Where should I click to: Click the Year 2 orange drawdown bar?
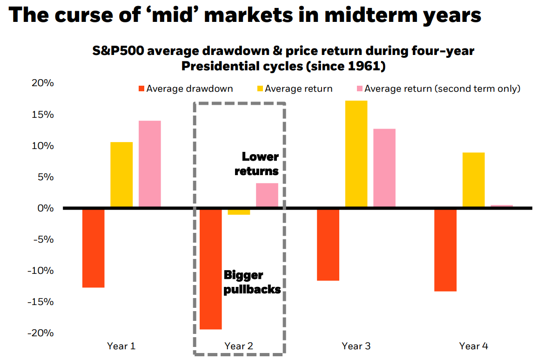point(210,269)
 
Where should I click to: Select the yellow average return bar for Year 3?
point(356,154)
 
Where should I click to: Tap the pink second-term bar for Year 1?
point(150,164)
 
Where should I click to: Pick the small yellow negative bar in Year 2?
point(239,212)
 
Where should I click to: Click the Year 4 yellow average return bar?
point(473,180)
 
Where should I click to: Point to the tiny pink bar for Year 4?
point(502,206)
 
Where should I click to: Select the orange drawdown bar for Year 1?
point(93,248)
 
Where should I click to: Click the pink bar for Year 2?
point(267,195)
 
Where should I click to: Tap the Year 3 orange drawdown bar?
point(328,245)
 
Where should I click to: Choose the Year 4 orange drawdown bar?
point(445,250)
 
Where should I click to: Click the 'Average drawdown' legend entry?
point(186,88)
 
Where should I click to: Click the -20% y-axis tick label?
point(41,333)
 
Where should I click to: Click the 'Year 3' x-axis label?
point(356,346)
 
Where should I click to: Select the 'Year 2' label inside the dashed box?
point(239,346)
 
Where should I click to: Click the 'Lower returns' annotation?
point(257,164)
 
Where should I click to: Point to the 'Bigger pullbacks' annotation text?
point(251,282)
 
